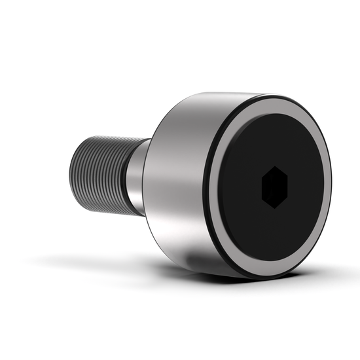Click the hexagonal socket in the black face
pos(275,187)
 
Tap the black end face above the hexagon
pos(275,141)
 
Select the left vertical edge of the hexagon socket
pos(262,187)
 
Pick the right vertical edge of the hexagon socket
pos(287,187)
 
